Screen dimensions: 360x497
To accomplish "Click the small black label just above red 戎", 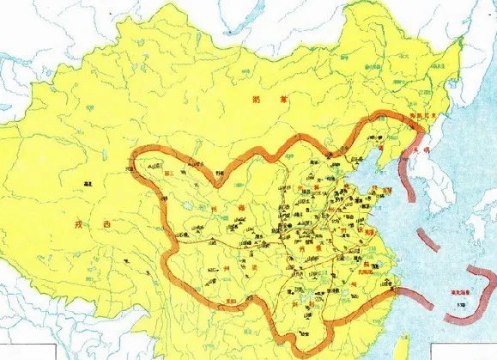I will [x=88, y=183].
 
